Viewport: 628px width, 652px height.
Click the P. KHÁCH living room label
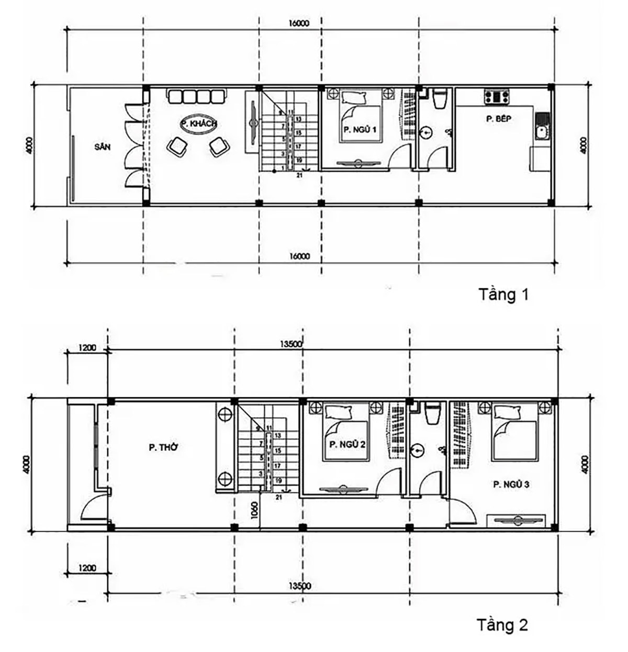tap(198, 125)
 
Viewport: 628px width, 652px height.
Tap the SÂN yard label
tap(103, 147)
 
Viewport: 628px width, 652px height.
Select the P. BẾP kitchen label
tap(498, 119)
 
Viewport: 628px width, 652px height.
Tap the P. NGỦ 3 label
tap(511, 485)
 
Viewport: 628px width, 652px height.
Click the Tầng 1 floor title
tap(503, 295)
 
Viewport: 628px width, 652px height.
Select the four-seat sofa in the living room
tap(197, 96)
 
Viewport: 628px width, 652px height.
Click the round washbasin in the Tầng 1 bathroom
tap(428, 133)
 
